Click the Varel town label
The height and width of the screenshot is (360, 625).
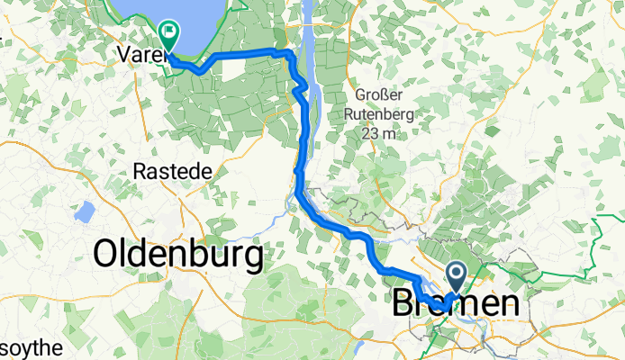(137, 55)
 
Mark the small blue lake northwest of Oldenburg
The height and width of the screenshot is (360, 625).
(86, 212)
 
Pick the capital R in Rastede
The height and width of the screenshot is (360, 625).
(139, 170)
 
